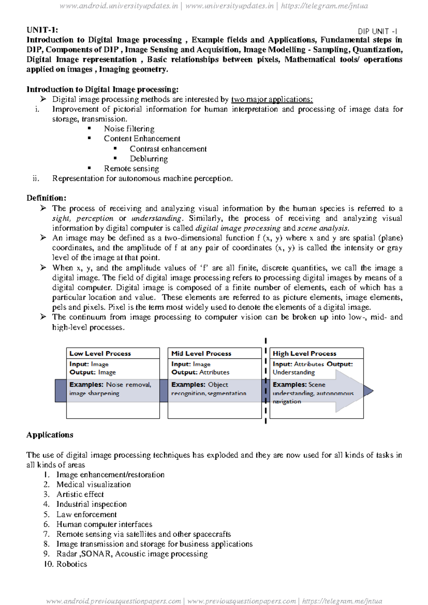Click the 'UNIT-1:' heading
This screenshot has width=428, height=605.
(42, 30)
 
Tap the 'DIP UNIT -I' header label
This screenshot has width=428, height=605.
(377, 31)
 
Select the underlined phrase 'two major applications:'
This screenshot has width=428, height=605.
(272, 99)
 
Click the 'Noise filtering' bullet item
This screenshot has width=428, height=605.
(129, 129)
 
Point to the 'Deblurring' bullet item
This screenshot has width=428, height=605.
(149, 159)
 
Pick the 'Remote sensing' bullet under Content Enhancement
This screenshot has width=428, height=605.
(131, 169)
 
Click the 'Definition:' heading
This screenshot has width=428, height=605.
(46, 198)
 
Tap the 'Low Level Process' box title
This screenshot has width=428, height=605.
(100, 353)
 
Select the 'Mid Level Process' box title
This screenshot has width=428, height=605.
(201, 353)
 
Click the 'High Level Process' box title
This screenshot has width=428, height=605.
(304, 353)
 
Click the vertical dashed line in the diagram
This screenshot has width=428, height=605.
(266, 381)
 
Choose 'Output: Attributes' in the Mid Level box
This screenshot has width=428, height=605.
(200, 372)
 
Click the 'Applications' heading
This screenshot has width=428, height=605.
(50, 435)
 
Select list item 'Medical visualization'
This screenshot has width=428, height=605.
(93, 485)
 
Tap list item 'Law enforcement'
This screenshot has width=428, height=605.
(86, 514)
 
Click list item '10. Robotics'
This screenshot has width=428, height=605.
(65, 564)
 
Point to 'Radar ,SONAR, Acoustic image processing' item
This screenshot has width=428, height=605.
(132, 554)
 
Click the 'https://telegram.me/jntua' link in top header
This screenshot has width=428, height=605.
(324, 6)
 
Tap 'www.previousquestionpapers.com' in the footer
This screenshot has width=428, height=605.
(241, 601)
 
